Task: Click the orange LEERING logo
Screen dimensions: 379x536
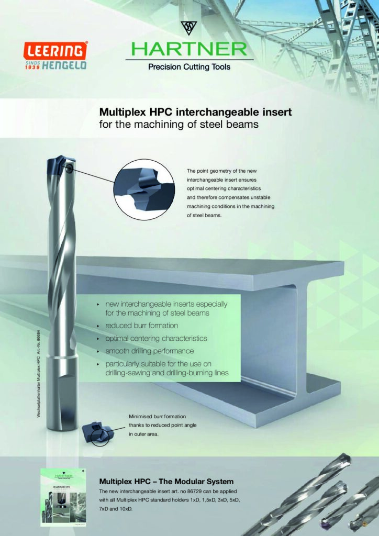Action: click(x=55, y=51)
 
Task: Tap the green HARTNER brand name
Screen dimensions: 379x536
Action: click(x=188, y=49)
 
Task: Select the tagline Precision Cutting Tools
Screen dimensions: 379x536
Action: click(x=189, y=67)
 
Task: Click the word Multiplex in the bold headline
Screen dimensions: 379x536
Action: click(x=122, y=113)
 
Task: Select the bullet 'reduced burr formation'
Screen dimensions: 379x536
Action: click(x=141, y=326)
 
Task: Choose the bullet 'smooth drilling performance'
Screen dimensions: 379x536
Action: click(x=149, y=351)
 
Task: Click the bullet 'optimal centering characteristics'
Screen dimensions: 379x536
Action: click(x=156, y=339)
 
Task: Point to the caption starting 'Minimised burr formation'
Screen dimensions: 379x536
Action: click(x=162, y=426)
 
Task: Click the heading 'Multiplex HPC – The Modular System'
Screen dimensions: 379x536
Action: click(x=166, y=482)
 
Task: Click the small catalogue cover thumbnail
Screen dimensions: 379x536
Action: click(x=62, y=497)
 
